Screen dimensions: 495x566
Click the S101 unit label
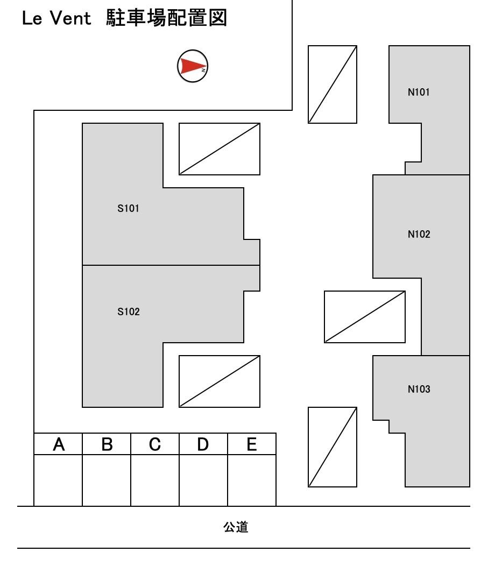click(128, 208)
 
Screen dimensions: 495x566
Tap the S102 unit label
click(129, 312)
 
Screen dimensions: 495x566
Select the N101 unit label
click(419, 92)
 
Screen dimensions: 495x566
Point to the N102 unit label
click(419, 234)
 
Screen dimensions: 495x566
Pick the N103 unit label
click(419, 389)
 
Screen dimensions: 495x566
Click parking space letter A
click(59, 444)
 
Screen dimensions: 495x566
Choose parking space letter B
click(107, 444)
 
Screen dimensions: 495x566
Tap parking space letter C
click(155, 444)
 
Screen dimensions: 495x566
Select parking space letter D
click(203, 444)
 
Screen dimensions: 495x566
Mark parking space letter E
click(252, 444)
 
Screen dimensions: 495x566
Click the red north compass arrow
click(193, 66)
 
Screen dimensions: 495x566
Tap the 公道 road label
click(236, 527)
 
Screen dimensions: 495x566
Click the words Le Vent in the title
click(56, 18)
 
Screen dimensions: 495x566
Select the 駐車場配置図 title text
click(166, 18)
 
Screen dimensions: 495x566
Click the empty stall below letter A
click(58, 480)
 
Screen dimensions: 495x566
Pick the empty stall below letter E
click(252, 480)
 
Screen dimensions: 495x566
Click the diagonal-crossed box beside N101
click(333, 84)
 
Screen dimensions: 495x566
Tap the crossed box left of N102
click(365, 317)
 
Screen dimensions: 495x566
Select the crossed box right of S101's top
click(220, 149)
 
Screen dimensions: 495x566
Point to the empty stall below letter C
click(155, 480)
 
